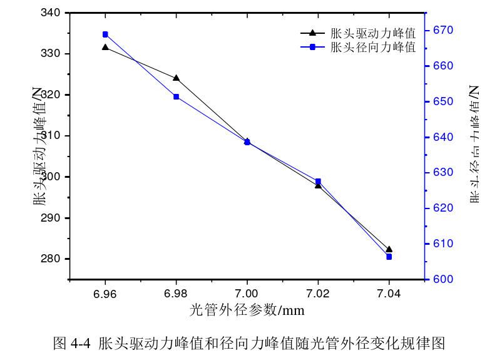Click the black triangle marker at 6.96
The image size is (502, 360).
(x=105, y=47)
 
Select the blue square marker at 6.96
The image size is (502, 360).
(x=105, y=34)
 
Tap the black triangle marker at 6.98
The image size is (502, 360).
(x=176, y=78)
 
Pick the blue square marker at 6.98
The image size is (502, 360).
(x=176, y=96)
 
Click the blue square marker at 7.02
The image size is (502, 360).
(x=318, y=181)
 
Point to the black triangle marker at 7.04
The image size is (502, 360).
(x=389, y=249)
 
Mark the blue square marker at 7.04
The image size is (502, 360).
(x=389, y=257)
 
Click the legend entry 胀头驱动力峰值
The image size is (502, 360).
(x=372, y=33)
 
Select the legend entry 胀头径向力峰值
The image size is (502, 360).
(x=372, y=47)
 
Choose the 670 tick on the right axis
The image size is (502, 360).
(x=444, y=30)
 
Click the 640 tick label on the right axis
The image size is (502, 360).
(x=444, y=137)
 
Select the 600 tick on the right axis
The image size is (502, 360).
(x=444, y=279)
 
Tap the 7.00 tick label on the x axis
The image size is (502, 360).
(x=247, y=293)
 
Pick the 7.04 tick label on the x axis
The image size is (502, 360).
(x=389, y=293)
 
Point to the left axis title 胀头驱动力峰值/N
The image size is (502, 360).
(x=39, y=147)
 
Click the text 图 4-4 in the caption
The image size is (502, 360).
(x=73, y=343)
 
